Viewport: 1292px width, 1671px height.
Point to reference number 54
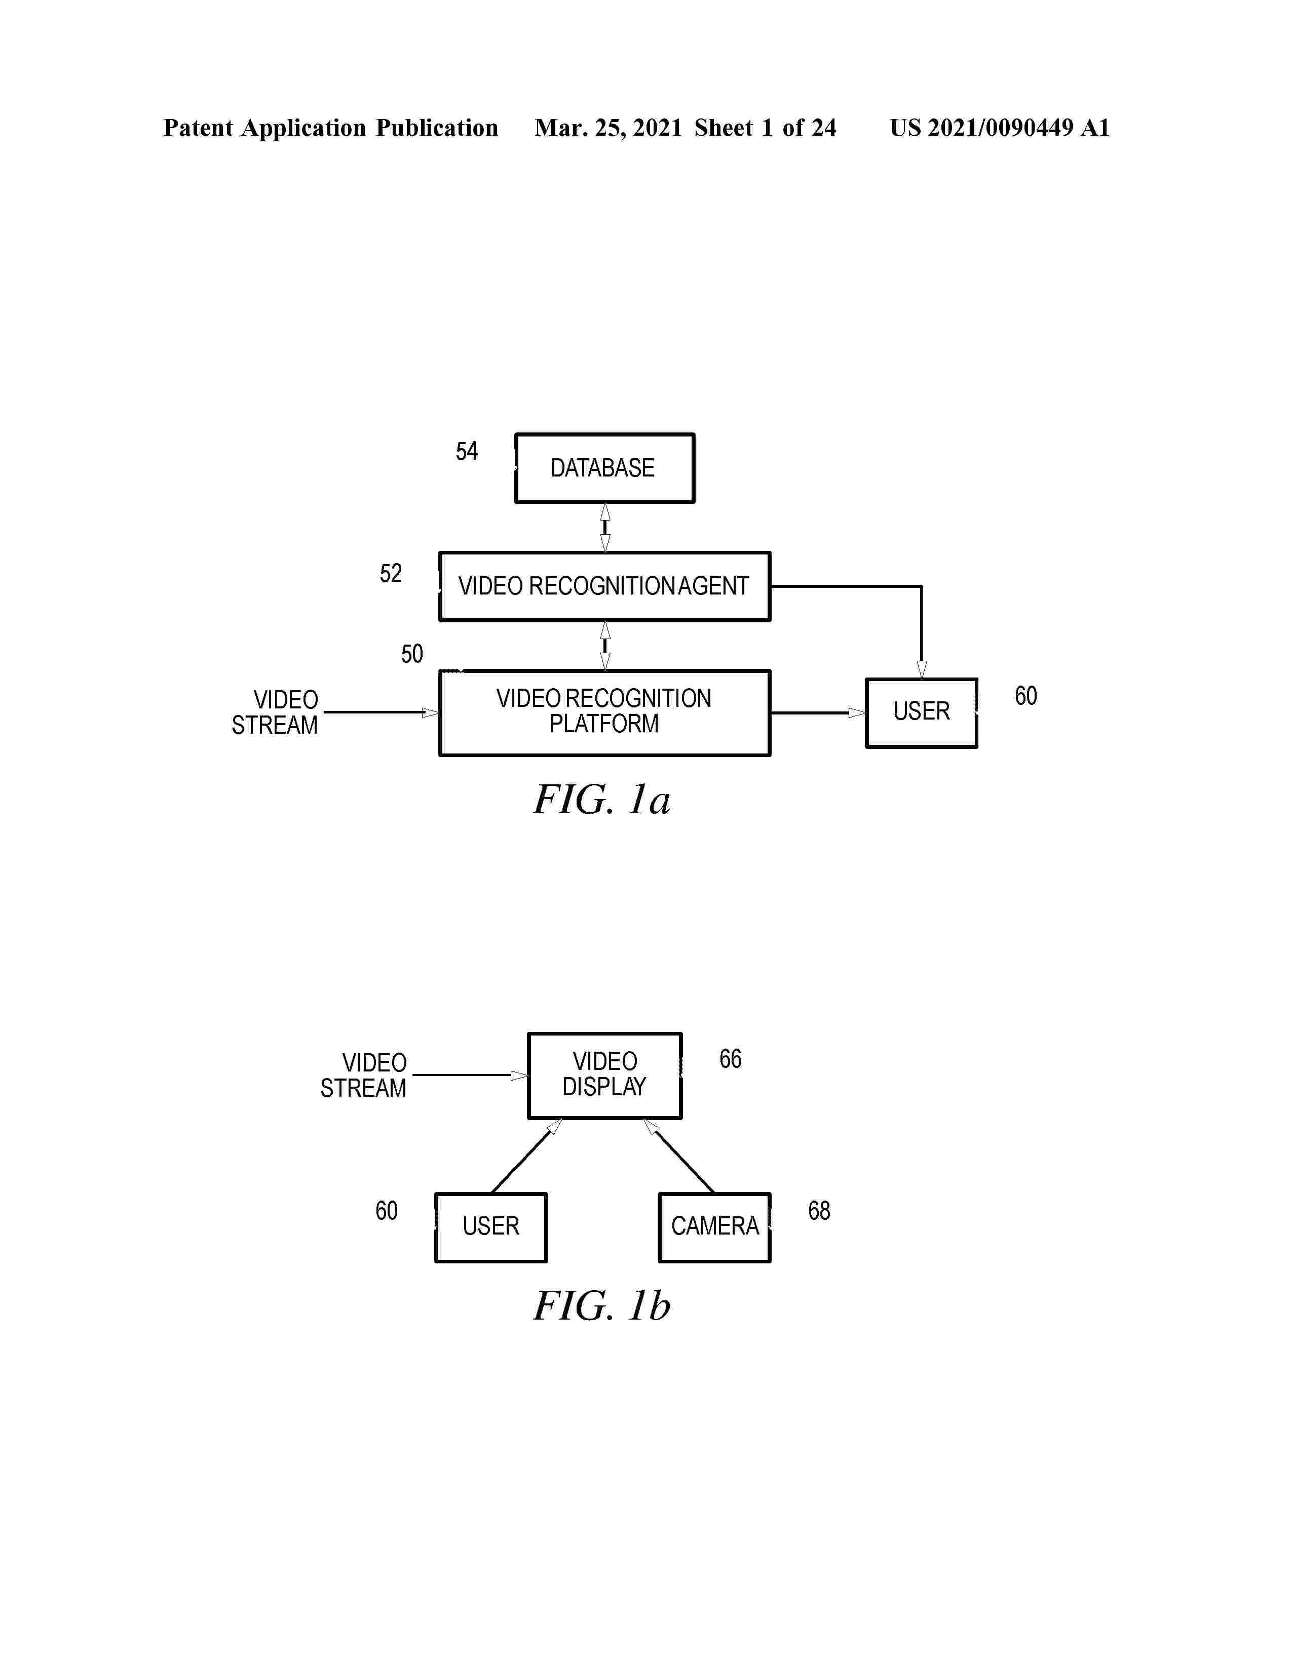point(467,451)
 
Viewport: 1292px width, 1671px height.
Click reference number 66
point(730,1059)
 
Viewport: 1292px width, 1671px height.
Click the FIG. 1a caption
point(602,800)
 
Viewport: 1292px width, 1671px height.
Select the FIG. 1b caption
point(602,1305)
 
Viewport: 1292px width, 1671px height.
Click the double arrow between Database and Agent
point(604,527)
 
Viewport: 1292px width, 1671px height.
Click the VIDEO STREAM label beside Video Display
point(364,1075)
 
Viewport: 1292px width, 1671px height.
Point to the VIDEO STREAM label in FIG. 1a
point(275,712)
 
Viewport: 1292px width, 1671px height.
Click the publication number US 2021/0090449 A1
point(1000,128)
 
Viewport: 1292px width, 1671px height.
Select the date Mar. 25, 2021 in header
point(609,128)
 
